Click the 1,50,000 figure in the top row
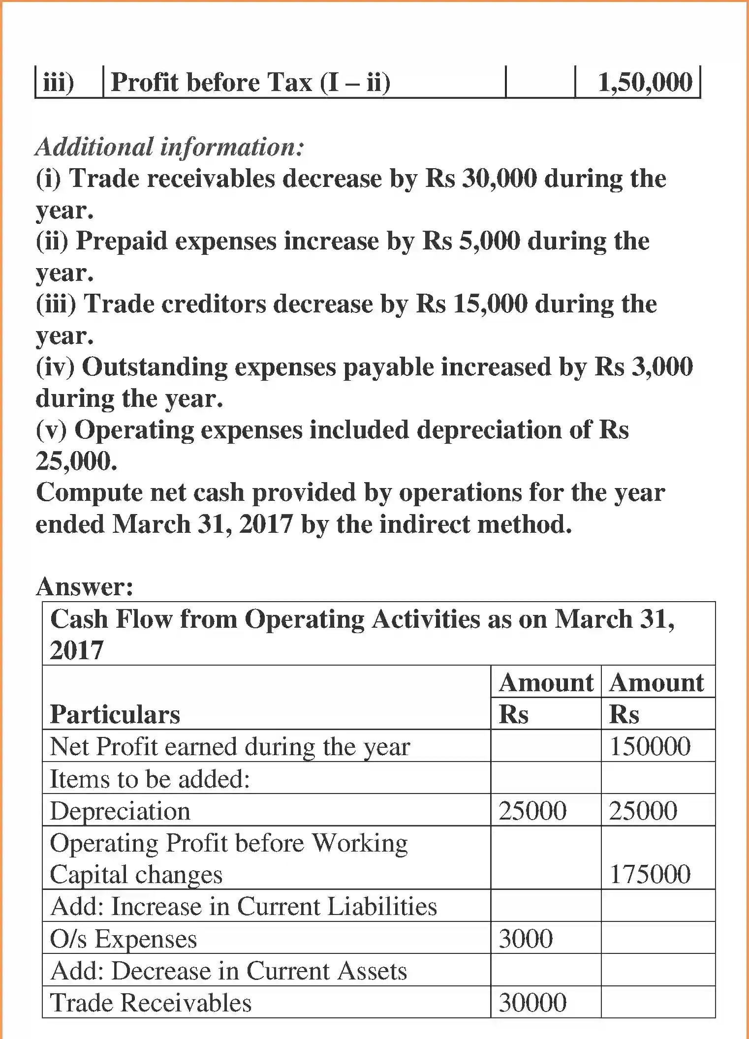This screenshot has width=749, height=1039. click(x=645, y=82)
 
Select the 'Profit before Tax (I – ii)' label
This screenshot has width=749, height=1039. click(x=250, y=82)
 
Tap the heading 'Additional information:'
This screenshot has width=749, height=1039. click(x=170, y=147)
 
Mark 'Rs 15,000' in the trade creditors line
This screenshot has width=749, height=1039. click(x=471, y=304)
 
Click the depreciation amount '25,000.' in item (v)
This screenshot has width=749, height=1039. click(x=77, y=461)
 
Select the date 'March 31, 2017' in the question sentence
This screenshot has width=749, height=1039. click(x=203, y=524)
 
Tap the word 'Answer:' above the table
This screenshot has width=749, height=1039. click(x=85, y=587)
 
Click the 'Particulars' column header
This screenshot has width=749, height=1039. click(x=115, y=714)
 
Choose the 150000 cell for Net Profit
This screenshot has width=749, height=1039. click(x=650, y=746)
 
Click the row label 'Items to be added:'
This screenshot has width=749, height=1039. click(x=150, y=779)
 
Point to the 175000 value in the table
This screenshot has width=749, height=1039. click(x=650, y=874)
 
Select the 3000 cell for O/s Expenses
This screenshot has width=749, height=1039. click(x=526, y=939)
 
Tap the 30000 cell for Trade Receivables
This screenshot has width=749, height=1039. click(x=532, y=1003)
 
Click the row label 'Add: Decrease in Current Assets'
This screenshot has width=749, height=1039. click(x=229, y=971)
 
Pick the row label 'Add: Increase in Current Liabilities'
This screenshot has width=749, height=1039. click(x=244, y=907)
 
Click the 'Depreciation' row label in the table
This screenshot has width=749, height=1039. click(x=120, y=811)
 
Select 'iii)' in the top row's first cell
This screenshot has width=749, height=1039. click(x=59, y=82)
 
